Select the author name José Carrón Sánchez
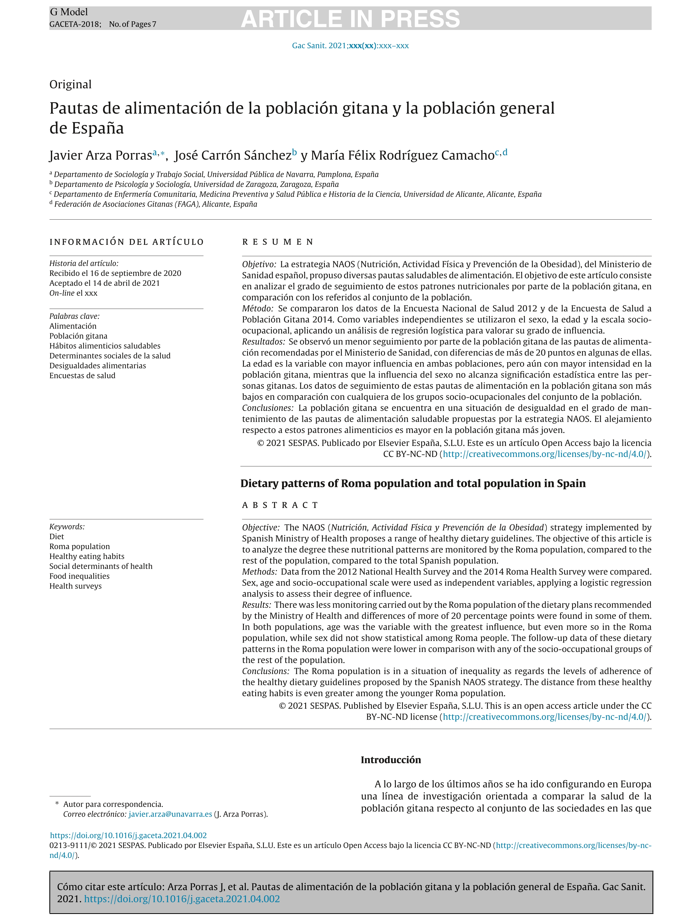(233, 155)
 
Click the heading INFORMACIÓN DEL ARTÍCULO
(127, 242)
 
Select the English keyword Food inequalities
(79, 576)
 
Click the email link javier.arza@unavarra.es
(170, 814)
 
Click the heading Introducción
(390, 760)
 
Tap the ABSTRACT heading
(280, 505)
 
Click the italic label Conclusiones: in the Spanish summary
(267, 408)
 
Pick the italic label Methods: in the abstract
(259, 572)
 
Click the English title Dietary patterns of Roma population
(413, 483)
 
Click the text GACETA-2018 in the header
(74, 24)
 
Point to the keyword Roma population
(79, 546)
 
